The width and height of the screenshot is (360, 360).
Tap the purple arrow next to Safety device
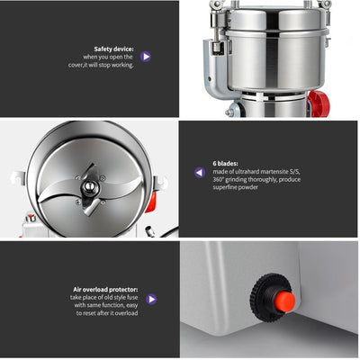pos(146,56)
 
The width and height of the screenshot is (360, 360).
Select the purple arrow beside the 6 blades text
pos(199,172)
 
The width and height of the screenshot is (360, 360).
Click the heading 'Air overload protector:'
pos(104,290)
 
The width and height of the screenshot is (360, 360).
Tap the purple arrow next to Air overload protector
pos(151,299)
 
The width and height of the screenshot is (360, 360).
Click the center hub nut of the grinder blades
pos(90,188)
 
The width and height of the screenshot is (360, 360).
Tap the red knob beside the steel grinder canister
pos(318,103)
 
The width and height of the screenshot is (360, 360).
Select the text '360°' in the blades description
pos(220,180)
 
